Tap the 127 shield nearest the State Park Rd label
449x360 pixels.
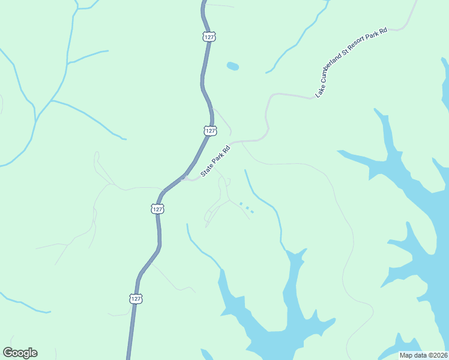pos(209,130)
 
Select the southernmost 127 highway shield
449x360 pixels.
pos(136,298)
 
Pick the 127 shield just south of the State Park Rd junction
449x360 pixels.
pos(157,209)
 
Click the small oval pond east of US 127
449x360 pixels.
pos(232,66)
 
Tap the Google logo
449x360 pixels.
pos(20,353)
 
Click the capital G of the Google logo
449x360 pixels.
pos(8,353)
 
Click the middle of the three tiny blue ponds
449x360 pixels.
pos(247,208)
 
